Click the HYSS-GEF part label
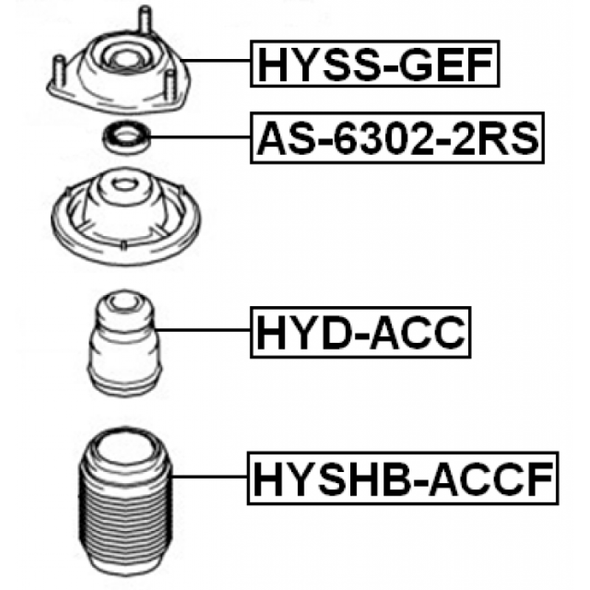coord(375,63)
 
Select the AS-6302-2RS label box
coord(398,138)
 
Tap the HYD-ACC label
coord(361,333)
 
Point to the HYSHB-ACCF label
coord(403,478)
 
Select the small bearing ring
coord(127,137)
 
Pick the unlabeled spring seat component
coord(125,216)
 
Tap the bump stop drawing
coord(125,342)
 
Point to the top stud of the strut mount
coord(145,20)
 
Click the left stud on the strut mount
coord(60,72)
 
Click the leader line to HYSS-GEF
coord(215,60)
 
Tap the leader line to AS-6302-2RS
coord(201,137)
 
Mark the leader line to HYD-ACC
coord(203,330)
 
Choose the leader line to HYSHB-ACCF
coord(209,476)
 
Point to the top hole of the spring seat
coord(123,184)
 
